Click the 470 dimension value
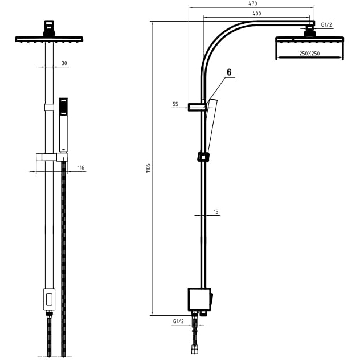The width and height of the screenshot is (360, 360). point(252,3)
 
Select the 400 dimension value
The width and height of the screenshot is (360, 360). point(257,14)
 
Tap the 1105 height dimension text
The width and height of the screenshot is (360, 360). point(148,168)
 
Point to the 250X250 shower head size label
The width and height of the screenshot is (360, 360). point(309,54)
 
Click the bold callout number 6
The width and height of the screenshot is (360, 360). point(229,72)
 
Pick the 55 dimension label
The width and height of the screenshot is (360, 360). point(175,104)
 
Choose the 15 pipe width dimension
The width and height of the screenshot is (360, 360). point(216,211)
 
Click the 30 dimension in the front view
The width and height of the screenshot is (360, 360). point(64,63)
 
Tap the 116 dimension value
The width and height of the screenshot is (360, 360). point(81,167)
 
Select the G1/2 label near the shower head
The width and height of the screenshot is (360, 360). point(326,24)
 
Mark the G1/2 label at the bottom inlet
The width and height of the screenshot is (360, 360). point(178,321)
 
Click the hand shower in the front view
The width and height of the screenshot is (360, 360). point(63,125)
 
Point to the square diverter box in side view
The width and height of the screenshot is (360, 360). point(199,300)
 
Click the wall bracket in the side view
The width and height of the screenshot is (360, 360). point(197,107)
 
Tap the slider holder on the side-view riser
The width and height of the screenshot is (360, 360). point(203,157)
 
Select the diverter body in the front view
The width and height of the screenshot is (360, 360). point(49,300)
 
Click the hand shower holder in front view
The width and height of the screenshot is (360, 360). point(52,157)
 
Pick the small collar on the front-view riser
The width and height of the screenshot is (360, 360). point(49,107)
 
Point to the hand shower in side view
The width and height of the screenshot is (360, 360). point(211,126)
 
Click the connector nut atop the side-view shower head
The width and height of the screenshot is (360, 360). point(309,31)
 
